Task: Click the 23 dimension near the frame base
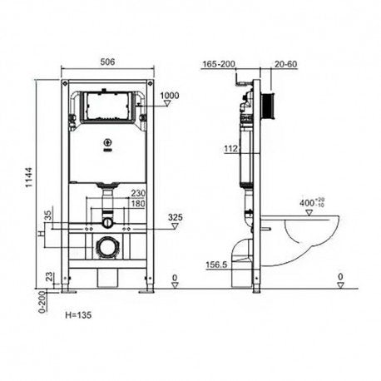pos(49,276)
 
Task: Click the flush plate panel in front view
pos(106,107)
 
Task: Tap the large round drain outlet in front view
pos(106,247)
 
